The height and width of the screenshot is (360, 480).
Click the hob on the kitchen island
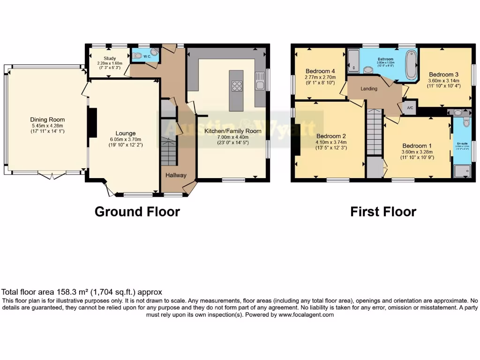coord(237,86)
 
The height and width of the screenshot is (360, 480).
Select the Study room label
coord(103,59)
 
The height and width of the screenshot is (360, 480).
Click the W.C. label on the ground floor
coord(147,56)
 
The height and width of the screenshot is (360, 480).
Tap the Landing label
coord(369,89)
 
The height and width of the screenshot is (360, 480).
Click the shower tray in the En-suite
coord(461,171)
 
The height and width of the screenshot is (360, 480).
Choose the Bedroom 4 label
coord(318,71)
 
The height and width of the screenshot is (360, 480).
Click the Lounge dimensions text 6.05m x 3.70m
coord(125,139)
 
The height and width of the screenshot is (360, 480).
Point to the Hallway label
coord(176,175)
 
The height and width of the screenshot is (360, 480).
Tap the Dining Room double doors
coord(52,176)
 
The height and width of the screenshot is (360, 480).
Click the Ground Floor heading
coord(137,212)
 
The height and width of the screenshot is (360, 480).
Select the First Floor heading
coord(383,212)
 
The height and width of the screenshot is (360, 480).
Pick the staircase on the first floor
coord(374,132)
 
